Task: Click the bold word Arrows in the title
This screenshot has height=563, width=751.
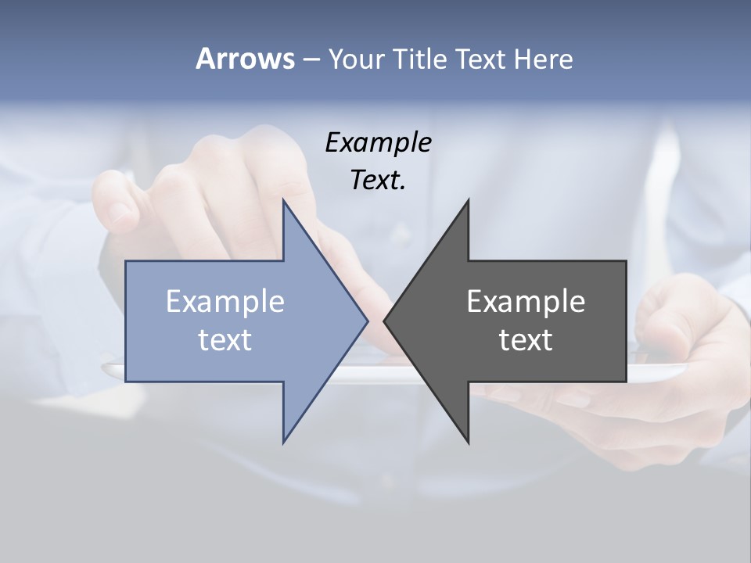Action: (x=245, y=59)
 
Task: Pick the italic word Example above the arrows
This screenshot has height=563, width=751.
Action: (x=378, y=143)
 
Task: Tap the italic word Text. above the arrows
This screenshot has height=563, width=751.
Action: (x=378, y=181)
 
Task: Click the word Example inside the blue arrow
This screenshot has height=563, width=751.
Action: (x=225, y=301)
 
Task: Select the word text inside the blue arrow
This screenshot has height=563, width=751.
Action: (x=225, y=339)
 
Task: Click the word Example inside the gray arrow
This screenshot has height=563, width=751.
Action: (x=526, y=301)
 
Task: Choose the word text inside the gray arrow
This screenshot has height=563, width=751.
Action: (x=526, y=339)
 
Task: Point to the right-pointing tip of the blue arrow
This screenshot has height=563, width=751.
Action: (x=367, y=321)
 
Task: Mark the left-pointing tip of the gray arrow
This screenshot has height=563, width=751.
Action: (x=384, y=321)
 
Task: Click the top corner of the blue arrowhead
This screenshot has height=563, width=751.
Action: (x=283, y=200)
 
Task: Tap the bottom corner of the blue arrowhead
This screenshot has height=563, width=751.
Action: (x=283, y=443)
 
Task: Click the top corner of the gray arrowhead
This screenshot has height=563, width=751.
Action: (x=468, y=200)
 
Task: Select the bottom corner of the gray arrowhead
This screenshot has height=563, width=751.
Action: (x=468, y=443)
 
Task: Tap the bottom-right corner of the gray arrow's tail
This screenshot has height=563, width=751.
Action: (x=626, y=382)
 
